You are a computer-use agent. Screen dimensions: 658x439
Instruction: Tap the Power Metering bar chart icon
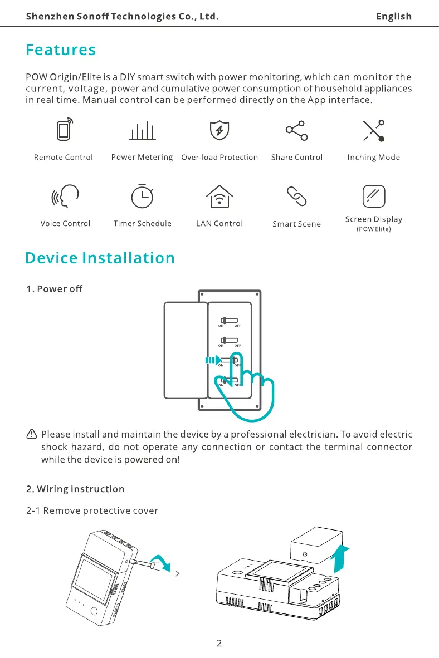(x=142, y=131)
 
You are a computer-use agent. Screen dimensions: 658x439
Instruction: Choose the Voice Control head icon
(x=65, y=195)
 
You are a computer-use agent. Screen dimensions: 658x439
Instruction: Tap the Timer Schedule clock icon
(x=142, y=195)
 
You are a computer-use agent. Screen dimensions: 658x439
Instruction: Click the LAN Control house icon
(x=219, y=195)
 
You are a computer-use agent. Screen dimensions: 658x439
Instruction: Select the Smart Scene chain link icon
(x=296, y=195)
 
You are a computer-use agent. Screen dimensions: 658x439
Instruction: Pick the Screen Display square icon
(x=374, y=195)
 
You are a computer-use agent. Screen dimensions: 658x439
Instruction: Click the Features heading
(x=61, y=50)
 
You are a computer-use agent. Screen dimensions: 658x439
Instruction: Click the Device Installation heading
(x=100, y=258)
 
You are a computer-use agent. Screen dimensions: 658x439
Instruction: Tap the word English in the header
(x=393, y=17)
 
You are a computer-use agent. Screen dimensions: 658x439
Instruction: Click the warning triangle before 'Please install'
(x=32, y=434)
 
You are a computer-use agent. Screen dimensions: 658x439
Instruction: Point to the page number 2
(x=219, y=644)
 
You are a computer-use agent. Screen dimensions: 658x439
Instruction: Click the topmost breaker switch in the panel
(x=229, y=321)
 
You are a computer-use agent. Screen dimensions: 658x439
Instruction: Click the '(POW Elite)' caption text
(x=373, y=229)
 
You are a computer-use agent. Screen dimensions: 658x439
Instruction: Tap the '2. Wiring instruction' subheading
(x=75, y=489)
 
